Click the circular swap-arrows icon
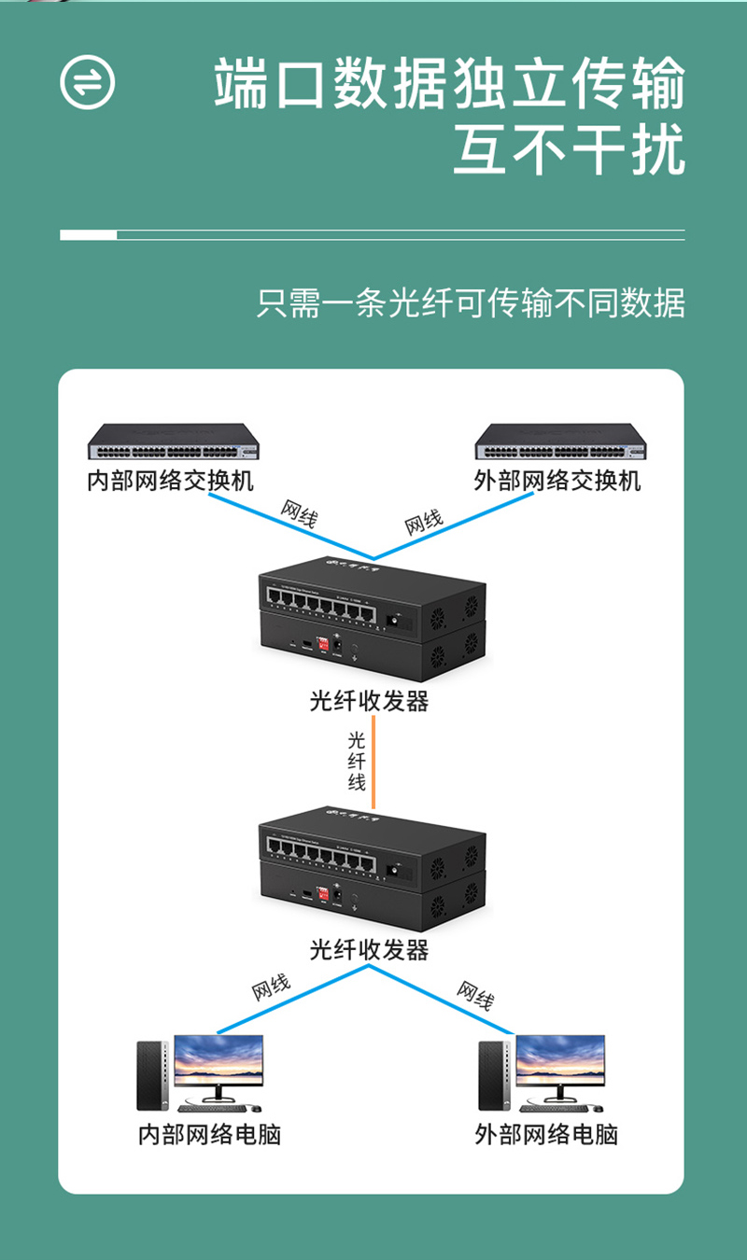[88, 82]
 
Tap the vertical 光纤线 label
[357, 762]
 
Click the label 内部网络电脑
[209, 1134]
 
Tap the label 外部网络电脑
[546, 1134]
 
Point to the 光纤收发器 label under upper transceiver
[370, 701]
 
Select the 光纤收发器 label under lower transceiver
[370, 950]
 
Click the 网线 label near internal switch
[299, 514]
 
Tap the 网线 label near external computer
[474, 995]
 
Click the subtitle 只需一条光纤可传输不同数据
[471, 303]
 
